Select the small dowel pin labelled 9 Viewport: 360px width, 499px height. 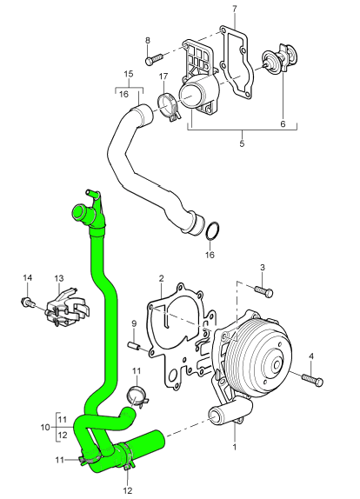135,346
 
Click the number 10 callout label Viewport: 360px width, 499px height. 45,427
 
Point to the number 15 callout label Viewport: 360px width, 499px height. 128,74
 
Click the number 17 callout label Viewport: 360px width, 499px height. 163,77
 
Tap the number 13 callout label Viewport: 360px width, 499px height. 59,278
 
